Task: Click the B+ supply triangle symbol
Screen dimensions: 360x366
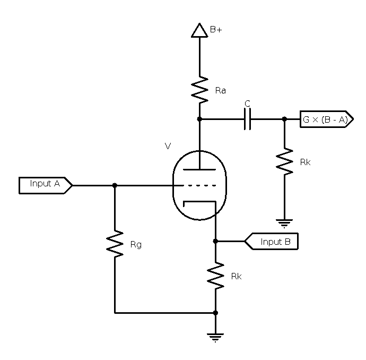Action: click(199, 31)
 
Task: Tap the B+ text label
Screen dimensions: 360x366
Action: click(216, 30)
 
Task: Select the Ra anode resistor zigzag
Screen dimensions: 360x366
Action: click(199, 90)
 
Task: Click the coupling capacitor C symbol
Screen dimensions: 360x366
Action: click(247, 119)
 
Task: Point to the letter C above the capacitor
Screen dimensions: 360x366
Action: click(248, 104)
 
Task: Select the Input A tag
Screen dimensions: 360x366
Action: click(45, 185)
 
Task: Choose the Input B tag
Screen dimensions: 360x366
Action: click(272, 242)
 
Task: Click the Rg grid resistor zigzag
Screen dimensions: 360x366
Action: click(115, 245)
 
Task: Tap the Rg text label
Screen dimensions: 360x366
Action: click(136, 245)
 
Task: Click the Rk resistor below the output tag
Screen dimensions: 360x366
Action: click(284, 162)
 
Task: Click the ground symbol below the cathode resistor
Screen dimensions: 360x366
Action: click(215, 337)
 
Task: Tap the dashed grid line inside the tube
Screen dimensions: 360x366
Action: click(199, 185)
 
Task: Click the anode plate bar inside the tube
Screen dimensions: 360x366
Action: click(199, 169)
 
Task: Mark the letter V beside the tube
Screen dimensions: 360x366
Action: click(168, 145)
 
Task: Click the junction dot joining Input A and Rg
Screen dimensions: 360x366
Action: click(115, 185)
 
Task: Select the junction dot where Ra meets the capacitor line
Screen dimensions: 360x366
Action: click(199, 119)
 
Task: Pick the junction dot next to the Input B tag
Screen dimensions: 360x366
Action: click(215, 241)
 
